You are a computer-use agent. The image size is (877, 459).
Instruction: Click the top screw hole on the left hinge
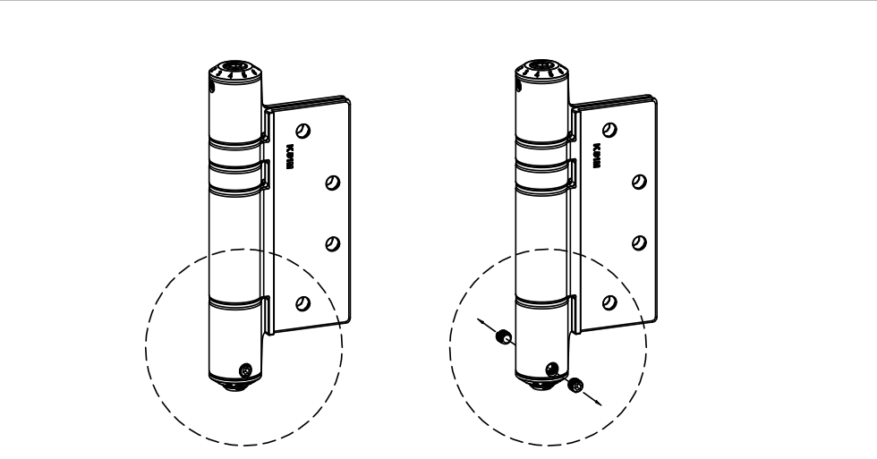(304, 130)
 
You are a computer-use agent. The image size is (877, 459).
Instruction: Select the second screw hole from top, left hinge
(331, 182)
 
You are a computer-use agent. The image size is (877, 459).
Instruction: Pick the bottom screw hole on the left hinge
(302, 302)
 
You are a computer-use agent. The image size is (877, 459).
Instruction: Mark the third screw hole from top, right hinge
(638, 242)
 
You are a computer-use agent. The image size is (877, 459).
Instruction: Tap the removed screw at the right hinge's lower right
(575, 385)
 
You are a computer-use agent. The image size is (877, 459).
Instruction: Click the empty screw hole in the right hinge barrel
(551, 368)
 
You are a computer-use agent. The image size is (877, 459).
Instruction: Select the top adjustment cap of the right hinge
(542, 67)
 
